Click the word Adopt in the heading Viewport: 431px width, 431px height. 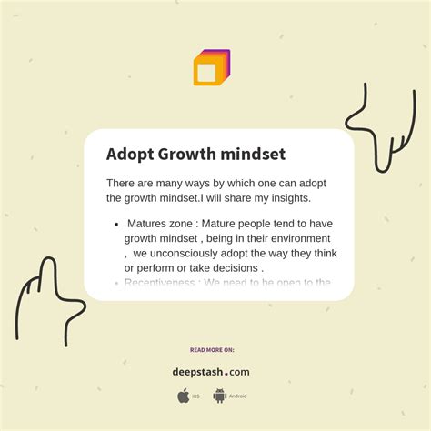tap(129, 155)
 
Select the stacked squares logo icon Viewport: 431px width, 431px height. tap(211, 68)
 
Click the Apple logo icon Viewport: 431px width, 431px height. tap(184, 396)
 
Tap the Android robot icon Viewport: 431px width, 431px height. tap(219, 396)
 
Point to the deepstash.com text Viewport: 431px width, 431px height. tap(211, 371)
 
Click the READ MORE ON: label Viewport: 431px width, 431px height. tap(212, 349)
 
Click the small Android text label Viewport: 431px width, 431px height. tap(237, 396)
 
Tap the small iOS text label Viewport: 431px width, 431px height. tap(196, 396)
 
